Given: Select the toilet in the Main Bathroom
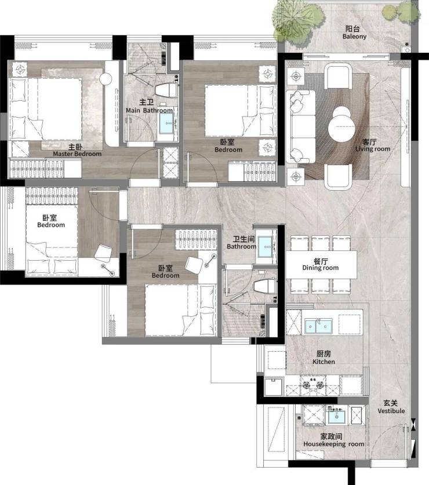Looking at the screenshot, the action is tap(166, 90).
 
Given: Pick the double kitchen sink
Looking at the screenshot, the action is tap(318, 326).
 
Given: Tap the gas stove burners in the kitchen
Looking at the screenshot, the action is tap(313, 385).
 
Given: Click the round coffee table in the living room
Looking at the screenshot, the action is tap(341, 127).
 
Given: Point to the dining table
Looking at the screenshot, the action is tap(321, 264).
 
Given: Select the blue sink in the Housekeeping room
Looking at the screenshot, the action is tap(336, 416).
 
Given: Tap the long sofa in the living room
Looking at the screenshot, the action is tap(300, 126).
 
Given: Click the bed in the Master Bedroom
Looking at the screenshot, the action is tap(46, 109).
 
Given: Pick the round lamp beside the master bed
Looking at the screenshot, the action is tap(106, 79).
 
